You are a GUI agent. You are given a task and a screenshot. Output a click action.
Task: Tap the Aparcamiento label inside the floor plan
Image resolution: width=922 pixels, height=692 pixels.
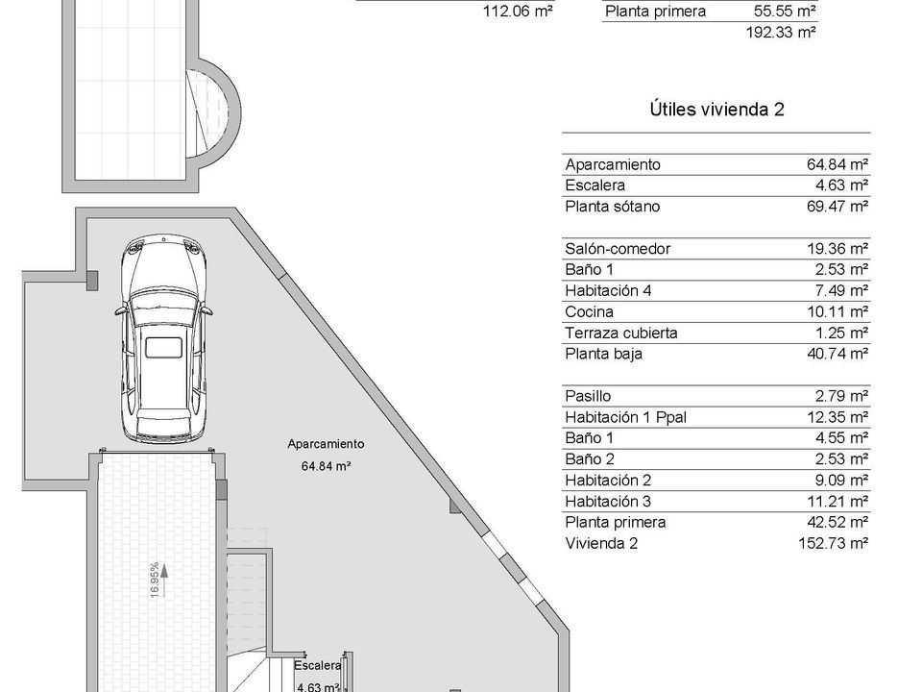click(x=326, y=444)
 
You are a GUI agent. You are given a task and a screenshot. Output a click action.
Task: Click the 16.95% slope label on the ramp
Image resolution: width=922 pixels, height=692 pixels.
click(x=155, y=581)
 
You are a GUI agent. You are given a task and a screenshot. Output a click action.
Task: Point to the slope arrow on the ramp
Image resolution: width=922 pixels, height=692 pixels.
click(x=164, y=581)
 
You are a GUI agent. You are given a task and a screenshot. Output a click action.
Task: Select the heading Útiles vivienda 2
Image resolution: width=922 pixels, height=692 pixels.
click(x=716, y=110)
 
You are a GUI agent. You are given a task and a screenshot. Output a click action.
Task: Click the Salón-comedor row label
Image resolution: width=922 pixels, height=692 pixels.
click(x=618, y=249)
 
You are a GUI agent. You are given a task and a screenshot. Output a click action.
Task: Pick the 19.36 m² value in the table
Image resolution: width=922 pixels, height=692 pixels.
click(x=837, y=249)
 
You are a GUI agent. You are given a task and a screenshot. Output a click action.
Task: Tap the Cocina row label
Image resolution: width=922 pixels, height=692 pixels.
click(x=589, y=311)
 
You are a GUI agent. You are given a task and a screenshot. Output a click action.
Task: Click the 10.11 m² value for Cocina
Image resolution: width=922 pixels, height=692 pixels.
click(x=837, y=311)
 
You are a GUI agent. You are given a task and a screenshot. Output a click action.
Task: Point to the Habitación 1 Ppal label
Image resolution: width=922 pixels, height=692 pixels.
click(x=625, y=417)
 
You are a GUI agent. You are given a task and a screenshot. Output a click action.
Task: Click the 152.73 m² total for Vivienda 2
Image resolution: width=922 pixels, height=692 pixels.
click(x=834, y=543)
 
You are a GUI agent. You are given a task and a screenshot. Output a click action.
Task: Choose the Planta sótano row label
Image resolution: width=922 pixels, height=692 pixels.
click(x=612, y=207)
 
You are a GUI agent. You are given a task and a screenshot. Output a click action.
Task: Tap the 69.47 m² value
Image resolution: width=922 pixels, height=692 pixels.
click(x=837, y=207)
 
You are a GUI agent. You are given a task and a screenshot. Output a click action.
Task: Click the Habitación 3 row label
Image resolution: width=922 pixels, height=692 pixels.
click(x=608, y=502)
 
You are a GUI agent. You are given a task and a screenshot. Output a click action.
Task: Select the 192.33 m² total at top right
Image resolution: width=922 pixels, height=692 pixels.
click(x=781, y=33)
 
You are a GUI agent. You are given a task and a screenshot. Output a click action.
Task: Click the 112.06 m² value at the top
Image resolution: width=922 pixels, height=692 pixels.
click(x=518, y=12)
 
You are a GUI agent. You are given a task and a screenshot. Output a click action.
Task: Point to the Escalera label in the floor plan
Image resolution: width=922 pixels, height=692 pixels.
click(x=318, y=665)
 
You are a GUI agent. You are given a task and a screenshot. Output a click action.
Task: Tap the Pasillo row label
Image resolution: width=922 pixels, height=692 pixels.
click(x=588, y=396)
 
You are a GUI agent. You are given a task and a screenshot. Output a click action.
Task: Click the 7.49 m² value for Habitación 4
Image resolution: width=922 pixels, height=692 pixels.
click(x=841, y=290)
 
